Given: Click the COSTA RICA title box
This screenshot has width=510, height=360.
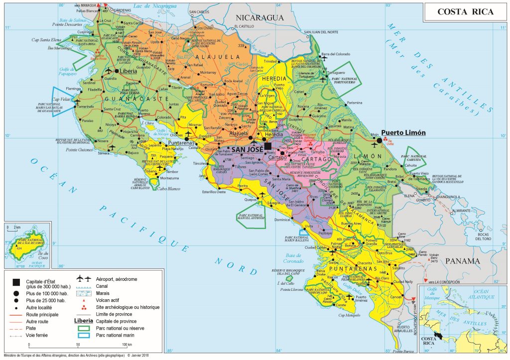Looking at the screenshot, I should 465,12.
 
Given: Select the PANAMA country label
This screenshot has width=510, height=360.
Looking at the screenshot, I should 462,260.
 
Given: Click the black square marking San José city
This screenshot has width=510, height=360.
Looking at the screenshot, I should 268,145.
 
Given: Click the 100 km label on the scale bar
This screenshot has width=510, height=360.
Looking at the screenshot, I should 127,345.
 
